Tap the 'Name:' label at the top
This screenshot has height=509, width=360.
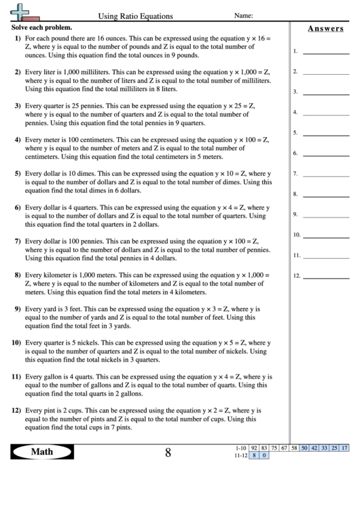244,15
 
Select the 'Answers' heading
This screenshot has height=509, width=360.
324,29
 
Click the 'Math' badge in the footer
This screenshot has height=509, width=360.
42,452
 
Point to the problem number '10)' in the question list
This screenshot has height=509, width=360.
16,343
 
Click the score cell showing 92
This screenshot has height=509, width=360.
254,449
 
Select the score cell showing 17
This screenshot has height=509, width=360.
345,449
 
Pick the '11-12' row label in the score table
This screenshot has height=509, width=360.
240,456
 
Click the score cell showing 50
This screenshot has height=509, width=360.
304,449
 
